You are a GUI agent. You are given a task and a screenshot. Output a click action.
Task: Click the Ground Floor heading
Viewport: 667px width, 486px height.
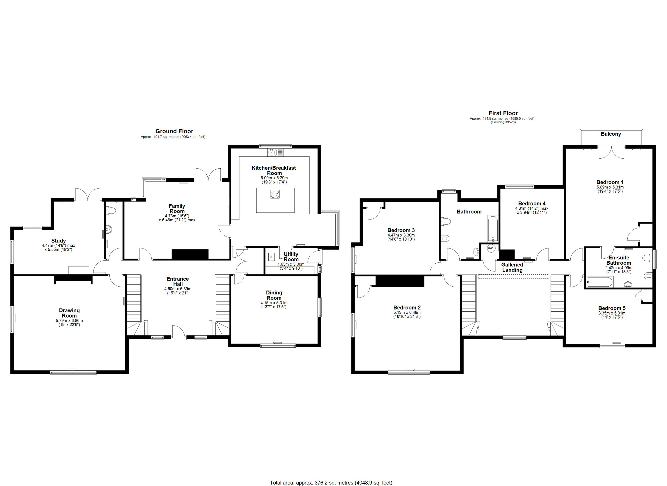coord(174,131)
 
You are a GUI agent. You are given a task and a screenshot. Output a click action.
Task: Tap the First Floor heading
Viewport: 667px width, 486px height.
coord(503,113)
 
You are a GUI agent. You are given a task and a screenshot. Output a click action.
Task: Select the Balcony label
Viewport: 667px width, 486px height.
coord(611,134)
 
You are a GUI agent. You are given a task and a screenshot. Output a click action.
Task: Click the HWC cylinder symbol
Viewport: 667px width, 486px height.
coord(491,248)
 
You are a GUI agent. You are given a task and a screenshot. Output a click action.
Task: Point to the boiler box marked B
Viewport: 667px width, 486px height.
coord(271,257)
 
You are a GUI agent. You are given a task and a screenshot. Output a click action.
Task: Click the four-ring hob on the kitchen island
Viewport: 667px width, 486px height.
coord(275,194)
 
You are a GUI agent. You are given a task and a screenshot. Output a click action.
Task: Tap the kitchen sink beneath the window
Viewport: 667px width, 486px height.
coord(276,152)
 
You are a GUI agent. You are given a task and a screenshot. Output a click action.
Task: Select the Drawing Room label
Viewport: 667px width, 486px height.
coord(69,313)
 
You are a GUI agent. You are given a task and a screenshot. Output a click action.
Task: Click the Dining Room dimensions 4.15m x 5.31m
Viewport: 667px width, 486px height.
coord(274,303)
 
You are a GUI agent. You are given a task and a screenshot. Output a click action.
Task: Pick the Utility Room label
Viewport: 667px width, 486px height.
coord(291,257)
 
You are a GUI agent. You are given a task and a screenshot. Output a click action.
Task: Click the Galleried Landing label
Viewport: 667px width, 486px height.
coord(512,268)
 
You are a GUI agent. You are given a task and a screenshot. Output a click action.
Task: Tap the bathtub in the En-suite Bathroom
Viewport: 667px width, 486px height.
coord(600,282)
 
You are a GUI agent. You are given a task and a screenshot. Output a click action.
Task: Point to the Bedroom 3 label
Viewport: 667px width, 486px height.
coord(401,230)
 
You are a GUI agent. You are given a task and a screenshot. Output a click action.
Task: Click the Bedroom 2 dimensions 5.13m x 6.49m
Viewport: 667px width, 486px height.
coord(407,313)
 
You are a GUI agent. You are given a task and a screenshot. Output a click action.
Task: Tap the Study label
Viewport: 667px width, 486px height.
coord(59,241)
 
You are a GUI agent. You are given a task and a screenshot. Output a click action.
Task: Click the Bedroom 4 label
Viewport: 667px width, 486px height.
coord(532,204)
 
